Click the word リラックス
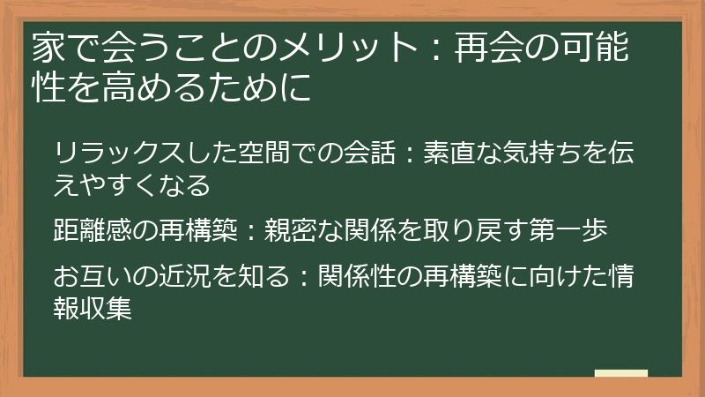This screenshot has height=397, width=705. click(109, 154)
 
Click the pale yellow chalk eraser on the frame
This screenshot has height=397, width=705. click(621, 374)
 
